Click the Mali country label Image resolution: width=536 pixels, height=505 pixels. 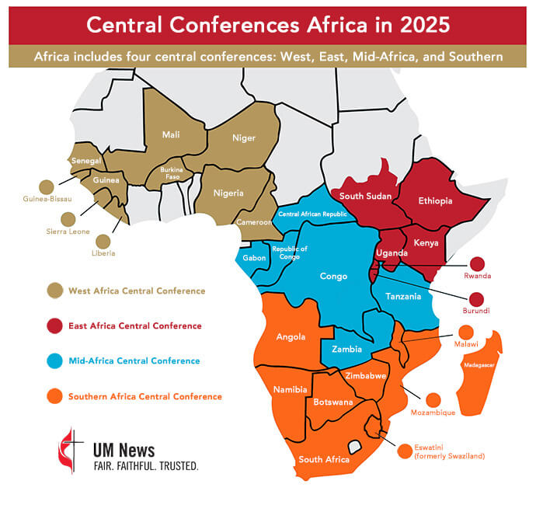[x=171, y=134]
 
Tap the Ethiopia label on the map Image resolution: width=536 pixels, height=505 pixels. [x=435, y=200]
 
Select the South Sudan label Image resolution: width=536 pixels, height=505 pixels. [x=364, y=196]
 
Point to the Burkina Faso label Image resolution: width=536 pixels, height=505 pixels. [x=171, y=172]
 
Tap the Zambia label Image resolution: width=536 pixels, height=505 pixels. [x=346, y=350]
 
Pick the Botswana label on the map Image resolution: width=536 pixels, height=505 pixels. [x=333, y=402]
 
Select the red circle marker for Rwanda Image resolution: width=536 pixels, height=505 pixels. [x=476, y=265]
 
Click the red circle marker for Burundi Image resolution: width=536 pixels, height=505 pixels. [x=476, y=299]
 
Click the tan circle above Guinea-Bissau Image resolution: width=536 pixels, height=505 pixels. [x=47, y=186]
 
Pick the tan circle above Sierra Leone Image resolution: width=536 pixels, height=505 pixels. [x=68, y=219]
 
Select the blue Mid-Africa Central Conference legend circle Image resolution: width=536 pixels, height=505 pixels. [x=54, y=361]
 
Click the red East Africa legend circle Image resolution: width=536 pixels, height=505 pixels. [x=54, y=326]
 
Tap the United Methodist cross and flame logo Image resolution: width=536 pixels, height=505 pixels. [x=69, y=450]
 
